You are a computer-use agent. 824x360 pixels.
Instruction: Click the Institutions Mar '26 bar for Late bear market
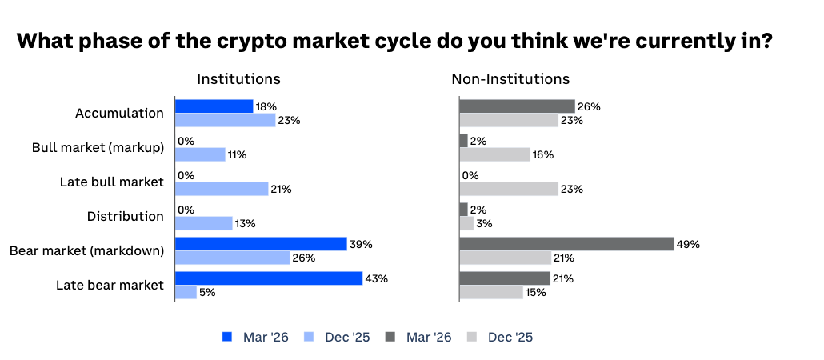point(269,278)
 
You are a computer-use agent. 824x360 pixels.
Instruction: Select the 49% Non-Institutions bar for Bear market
point(566,244)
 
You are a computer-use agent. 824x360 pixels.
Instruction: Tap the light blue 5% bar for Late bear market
point(186,292)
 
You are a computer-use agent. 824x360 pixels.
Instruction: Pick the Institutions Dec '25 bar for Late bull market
point(222,189)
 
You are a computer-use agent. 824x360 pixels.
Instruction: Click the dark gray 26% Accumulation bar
point(517,106)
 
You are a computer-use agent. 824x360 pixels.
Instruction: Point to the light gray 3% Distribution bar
point(466,223)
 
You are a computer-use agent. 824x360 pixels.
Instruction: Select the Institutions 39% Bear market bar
point(261,244)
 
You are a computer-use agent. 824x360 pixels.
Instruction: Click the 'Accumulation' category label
point(119,114)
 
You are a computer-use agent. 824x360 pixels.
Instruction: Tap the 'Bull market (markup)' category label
point(98,148)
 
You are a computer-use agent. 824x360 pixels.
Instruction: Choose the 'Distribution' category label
point(125,216)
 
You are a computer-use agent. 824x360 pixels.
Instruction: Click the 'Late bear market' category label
point(110,285)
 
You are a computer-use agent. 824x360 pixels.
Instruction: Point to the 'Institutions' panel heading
point(238,79)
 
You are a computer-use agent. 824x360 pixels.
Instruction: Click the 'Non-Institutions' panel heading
point(510,79)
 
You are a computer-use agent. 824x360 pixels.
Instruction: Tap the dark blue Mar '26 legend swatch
point(226,338)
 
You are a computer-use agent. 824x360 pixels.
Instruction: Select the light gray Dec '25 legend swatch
point(472,338)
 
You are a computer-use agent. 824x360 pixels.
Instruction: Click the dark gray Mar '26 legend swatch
point(390,338)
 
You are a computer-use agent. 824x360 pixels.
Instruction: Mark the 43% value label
point(377,278)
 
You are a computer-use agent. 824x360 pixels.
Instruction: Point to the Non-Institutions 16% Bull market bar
point(494,154)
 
